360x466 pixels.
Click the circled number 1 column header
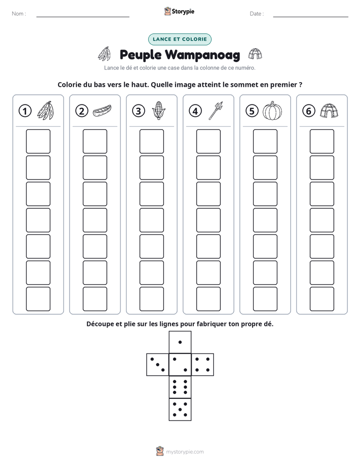pos(25,111)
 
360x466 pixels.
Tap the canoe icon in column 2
pos(102,110)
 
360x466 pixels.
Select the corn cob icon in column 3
pos(159,110)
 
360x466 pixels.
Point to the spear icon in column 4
pos(216,110)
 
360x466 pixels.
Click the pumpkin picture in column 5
pos(272,111)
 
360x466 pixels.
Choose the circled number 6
pos(309,111)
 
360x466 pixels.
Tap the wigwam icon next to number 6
pos(329,111)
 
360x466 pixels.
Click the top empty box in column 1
pos(38,141)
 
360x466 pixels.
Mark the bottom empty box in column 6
pos(322,299)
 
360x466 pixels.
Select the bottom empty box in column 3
pos(152,299)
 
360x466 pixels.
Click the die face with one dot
pos(180,342)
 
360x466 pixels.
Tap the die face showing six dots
pos(180,387)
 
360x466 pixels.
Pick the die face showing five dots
pos(180,410)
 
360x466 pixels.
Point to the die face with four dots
pos(203,365)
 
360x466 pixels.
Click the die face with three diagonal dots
pos(158,365)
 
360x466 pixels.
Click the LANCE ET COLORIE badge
pos(179,39)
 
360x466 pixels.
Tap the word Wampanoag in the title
pos(203,55)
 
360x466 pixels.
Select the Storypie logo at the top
pos(179,11)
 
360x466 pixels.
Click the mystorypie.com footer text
pos(185,452)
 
